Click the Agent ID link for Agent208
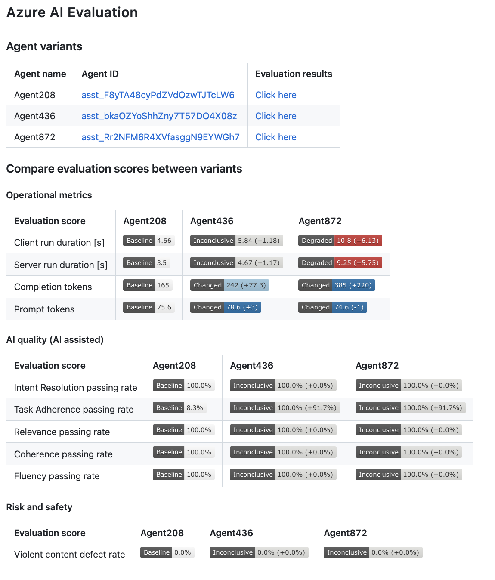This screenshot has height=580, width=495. pos(158,95)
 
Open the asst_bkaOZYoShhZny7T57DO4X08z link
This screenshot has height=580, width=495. pos(159,116)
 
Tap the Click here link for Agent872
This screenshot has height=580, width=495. pos(275,137)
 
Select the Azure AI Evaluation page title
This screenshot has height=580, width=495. pos(72,12)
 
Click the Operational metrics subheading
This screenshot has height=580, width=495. pos(49,195)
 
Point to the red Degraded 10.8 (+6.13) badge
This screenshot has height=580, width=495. pos(340,241)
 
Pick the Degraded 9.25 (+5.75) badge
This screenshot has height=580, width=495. pos(340,263)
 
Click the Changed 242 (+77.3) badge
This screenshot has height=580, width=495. pos(229,285)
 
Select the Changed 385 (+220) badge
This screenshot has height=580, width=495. pos(337,285)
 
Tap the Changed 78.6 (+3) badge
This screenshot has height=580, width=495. pos(226,307)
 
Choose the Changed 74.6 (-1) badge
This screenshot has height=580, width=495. pos(332,307)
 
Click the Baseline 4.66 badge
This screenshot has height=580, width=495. pos(149,241)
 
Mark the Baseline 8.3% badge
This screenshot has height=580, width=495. pos(179,408)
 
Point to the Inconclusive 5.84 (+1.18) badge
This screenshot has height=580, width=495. pos(236,241)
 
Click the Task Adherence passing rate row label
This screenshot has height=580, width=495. pos(74,410)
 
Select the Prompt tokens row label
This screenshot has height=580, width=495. pos(44,309)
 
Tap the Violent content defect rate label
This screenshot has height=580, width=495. pos(69,555)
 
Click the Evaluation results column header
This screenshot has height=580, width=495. pos(294,74)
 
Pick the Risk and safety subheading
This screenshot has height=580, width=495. pos(39,507)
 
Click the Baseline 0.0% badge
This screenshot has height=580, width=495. pos(167,552)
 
